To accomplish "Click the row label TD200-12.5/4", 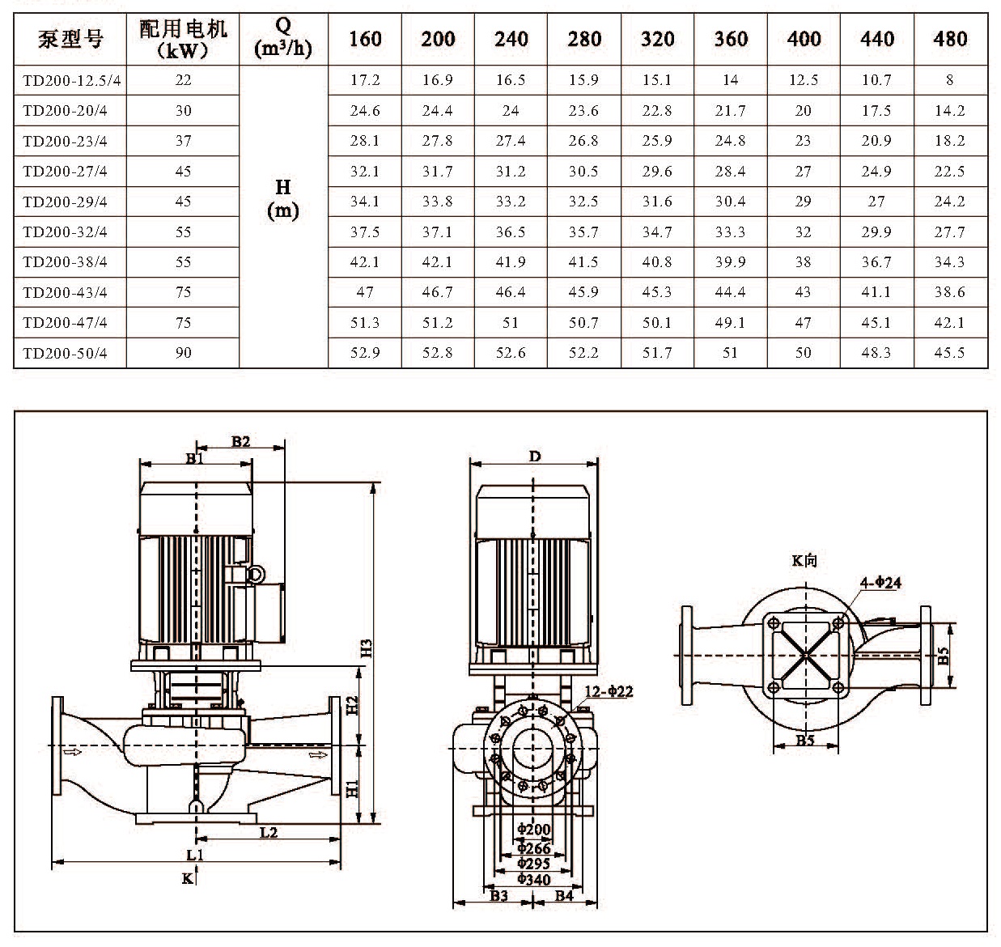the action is coord(72,80).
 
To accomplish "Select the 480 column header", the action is coord(950,39).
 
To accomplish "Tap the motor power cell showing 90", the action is coord(184,353).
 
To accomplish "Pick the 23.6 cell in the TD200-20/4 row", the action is coord(583,111).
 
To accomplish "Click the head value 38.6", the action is coord(949,292).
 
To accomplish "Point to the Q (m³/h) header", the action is coord(282,38).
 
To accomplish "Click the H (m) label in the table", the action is coord(282,199).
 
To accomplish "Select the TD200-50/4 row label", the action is coord(66,353).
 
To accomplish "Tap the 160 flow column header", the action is coord(365,39).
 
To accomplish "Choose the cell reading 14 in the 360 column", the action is coord(730,80).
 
